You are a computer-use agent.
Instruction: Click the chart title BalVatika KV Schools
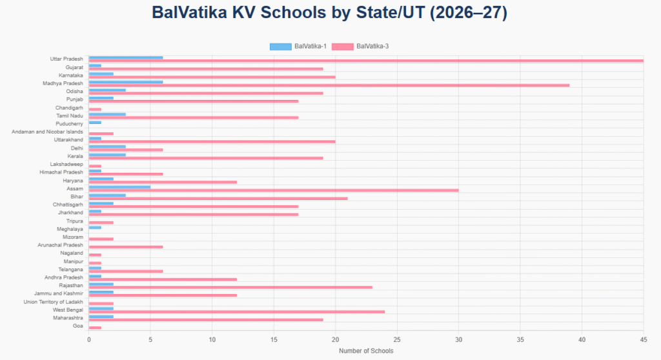(330, 12)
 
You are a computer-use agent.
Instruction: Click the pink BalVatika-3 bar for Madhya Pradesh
(329, 85)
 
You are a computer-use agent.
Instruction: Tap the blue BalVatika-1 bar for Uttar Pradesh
(126, 57)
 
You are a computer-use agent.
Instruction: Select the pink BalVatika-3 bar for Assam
(274, 190)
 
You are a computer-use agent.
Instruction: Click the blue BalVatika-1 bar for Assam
(119, 187)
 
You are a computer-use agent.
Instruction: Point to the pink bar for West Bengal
(237, 312)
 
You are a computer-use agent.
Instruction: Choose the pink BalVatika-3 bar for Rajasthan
(230, 287)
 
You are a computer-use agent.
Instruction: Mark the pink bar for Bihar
(218, 198)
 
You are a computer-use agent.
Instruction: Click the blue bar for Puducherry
(95, 122)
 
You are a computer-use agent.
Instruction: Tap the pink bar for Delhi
(126, 150)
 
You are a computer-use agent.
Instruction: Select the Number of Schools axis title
(366, 351)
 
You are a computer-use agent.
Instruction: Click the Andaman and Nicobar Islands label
(47, 132)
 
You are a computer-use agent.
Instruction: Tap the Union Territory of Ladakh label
(53, 302)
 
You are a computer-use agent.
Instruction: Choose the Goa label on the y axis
(77, 326)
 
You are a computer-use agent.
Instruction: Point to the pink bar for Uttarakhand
(212, 141)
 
